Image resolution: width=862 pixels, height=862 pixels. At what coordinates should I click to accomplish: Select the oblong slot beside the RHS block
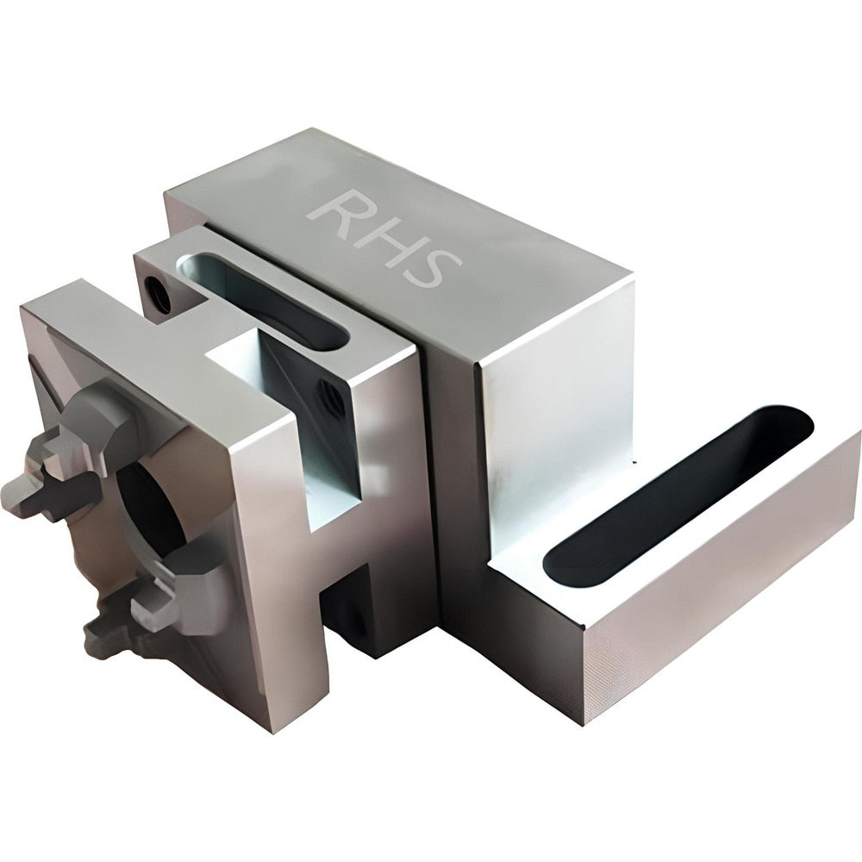pyautogui.click(x=264, y=300)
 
